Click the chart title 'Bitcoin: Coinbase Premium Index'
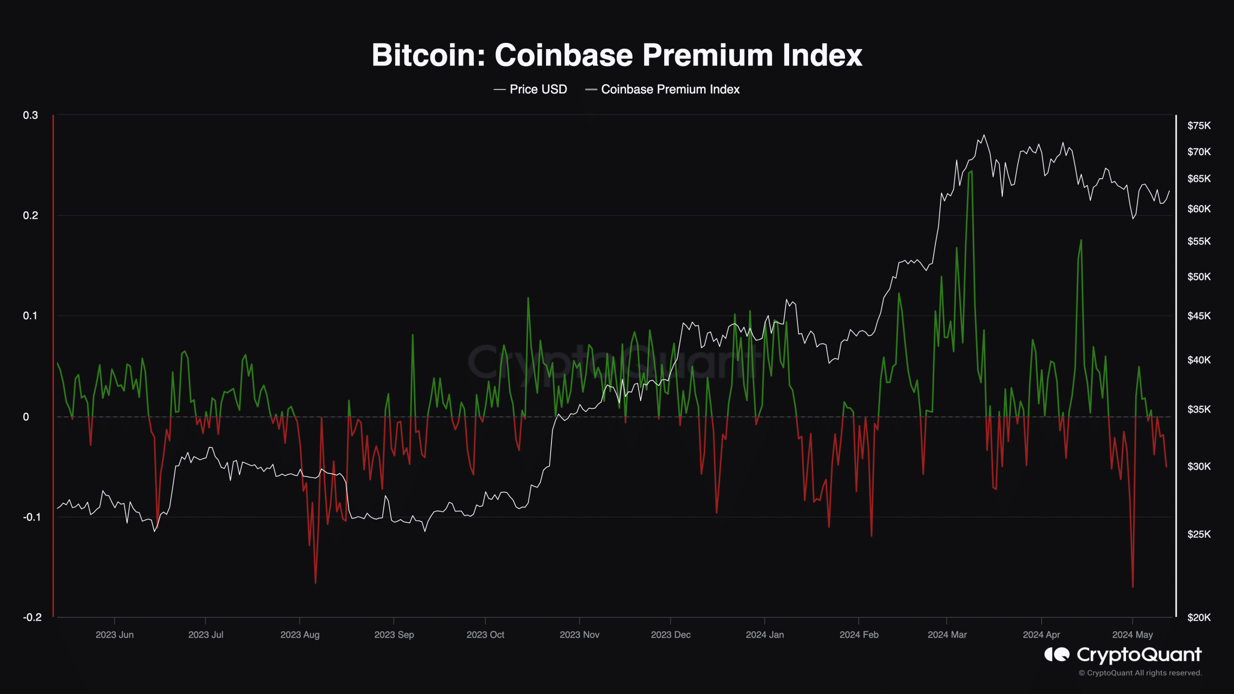tap(617, 55)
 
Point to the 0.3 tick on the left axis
tap(30, 115)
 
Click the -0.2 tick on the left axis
tap(32, 617)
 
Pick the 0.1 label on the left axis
tap(30, 316)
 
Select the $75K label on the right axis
tap(1199, 126)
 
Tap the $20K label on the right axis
tap(1199, 617)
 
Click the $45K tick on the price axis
tap(1199, 316)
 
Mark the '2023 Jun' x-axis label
tap(114, 635)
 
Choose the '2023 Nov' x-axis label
tap(579, 635)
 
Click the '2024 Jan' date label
tap(765, 635)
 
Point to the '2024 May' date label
tap(1132, 635)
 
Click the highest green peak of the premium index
tap(971, 172)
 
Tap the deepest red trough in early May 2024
tap(1133, 587)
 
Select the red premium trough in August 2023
tap(316, 583)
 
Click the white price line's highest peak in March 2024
tap(984, 135)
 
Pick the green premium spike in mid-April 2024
tap(1081, 240)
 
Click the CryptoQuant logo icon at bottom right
tap(1057, 654)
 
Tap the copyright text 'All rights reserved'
tap(1168, 673)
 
